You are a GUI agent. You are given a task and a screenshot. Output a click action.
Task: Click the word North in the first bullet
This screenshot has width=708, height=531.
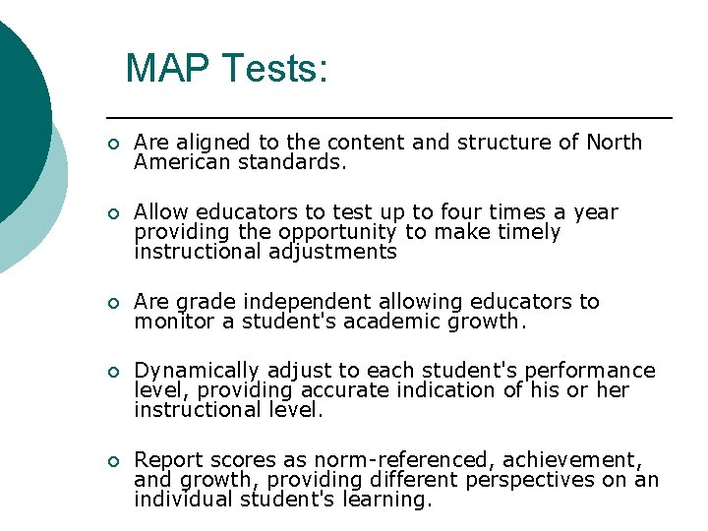coord(614,143)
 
